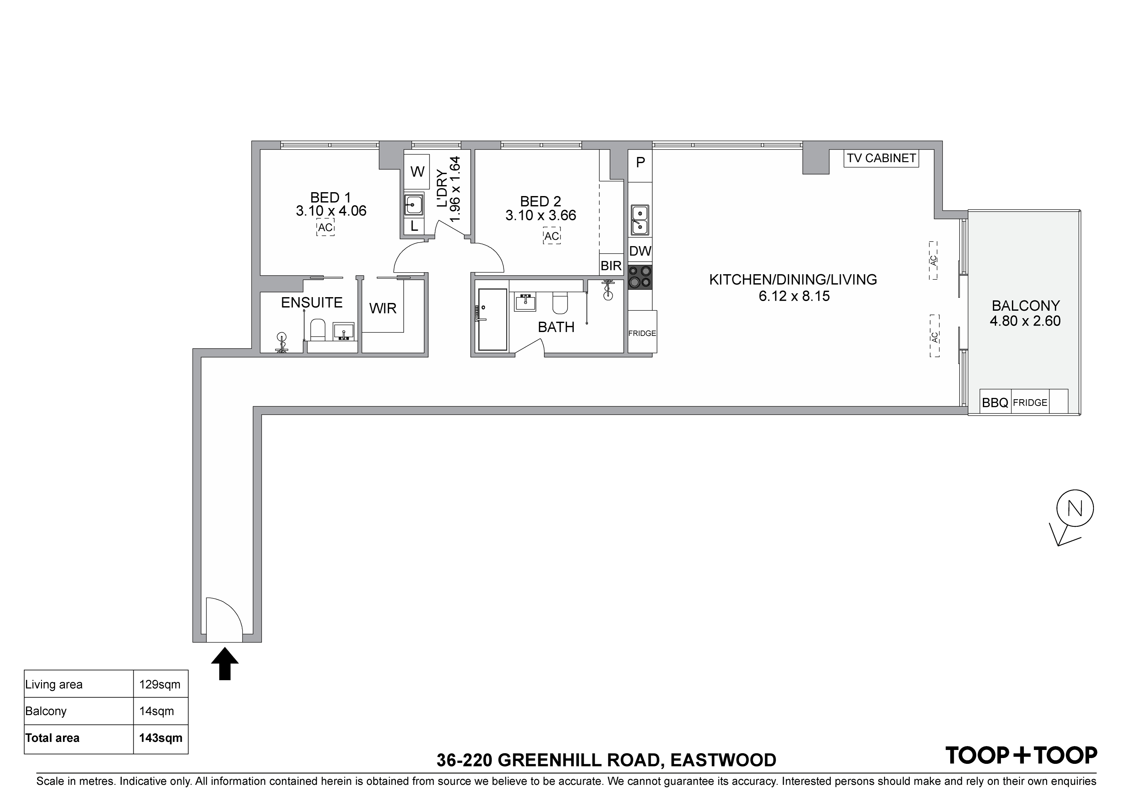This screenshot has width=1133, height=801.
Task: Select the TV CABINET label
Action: [881, 158]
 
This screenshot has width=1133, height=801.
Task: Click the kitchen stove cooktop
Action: [640, 277]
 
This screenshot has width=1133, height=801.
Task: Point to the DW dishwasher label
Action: [640, 251]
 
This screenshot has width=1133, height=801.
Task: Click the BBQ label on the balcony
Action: [995, 403]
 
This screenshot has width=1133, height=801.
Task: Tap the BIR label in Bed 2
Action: [611, 266]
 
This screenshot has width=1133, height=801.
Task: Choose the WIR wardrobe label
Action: [383, 308]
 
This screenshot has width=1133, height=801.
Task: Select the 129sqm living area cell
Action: [160, 684]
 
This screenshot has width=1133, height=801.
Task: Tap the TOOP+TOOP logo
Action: [1021, 755]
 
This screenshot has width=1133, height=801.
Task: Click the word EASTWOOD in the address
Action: [723, 760]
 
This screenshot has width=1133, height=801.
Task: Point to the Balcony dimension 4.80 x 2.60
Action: [1025, 321]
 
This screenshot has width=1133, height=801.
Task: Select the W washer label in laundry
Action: [418, 172]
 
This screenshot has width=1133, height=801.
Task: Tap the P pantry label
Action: [640, 162]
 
